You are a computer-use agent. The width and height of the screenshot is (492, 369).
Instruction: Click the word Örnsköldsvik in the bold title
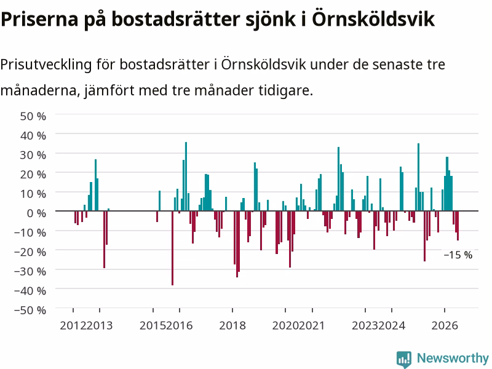click(373, 19)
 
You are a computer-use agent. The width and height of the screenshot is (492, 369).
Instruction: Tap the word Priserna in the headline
click(39, 19)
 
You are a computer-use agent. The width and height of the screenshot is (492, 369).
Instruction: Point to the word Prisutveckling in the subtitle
click(46, 65)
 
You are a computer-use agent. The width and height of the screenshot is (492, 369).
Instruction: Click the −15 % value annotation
click(458, 255)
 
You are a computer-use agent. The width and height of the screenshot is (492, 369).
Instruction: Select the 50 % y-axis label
click(33, 116)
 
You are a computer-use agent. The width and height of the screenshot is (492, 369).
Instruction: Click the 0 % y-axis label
click(36, 213)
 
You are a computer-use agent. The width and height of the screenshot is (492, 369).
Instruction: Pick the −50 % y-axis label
click(30, 310)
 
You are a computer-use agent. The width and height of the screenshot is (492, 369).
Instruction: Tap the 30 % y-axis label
click(33, 155)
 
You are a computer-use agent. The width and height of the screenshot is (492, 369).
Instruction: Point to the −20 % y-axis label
click(30, 252)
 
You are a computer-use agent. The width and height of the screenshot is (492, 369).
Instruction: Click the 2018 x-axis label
click(232, 325)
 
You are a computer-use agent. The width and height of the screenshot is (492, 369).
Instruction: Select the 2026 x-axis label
click(445, 325)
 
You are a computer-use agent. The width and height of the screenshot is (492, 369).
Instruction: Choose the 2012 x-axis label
click(73, 325)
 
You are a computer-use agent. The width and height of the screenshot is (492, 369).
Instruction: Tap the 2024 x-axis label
click(392, 325)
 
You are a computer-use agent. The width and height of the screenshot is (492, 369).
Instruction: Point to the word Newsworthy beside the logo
click(453, 358)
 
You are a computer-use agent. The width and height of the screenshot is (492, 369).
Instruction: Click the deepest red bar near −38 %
click(172, 248)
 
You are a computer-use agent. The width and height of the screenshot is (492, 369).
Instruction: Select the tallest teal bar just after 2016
click(186, 177)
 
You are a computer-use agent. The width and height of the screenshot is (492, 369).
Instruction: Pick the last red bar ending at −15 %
click(458, 226)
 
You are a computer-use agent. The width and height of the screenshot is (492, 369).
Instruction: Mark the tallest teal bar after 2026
click(447, 184)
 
